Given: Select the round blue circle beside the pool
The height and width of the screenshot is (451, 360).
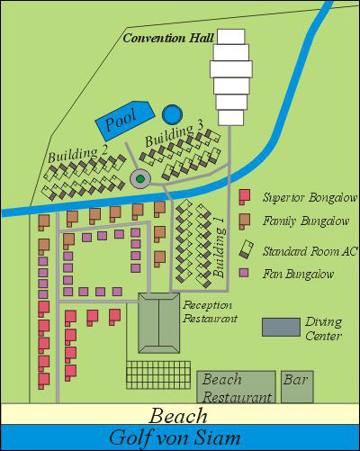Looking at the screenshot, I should pos(172,114).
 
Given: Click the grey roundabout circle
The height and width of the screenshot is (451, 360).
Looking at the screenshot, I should pos(140,178).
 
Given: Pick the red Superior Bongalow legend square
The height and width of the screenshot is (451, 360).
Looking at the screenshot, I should pos(244,196).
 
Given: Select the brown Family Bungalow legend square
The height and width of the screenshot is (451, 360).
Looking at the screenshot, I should pos(244,220).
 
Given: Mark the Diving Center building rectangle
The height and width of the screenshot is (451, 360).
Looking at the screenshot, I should pos(281,327).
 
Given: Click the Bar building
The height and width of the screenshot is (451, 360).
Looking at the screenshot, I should pos(295,386).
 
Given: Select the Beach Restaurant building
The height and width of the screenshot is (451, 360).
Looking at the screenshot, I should pos(235,387).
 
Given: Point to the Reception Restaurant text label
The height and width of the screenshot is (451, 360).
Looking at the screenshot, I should pos(210,311).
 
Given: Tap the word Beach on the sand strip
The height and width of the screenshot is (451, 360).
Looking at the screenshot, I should pos(179,416).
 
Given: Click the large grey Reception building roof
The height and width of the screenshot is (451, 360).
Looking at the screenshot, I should pos(159,325).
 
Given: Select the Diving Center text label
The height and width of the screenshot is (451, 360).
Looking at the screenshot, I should pos(323,329).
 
